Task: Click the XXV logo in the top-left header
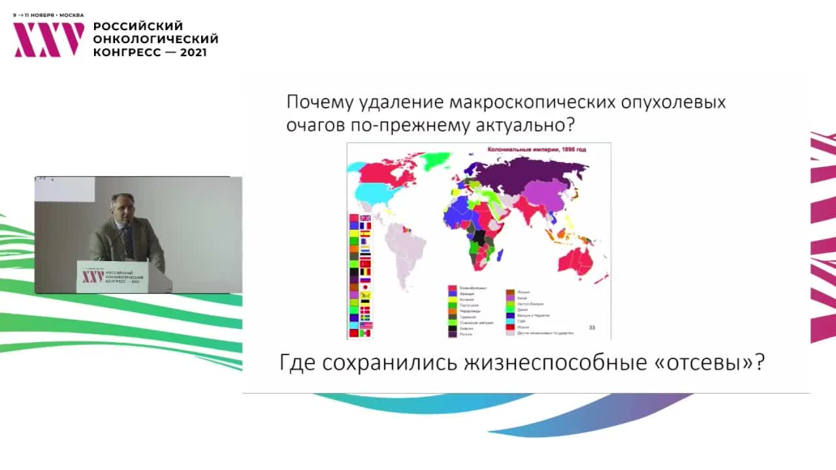pos(49,39)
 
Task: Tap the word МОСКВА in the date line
pos(71,14)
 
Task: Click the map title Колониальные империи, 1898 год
pos(538,149)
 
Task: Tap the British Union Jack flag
pos(365,218)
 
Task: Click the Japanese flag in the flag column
pos(365,286)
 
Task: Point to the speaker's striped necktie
pos(127,242)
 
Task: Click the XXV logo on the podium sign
pos(92,277)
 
